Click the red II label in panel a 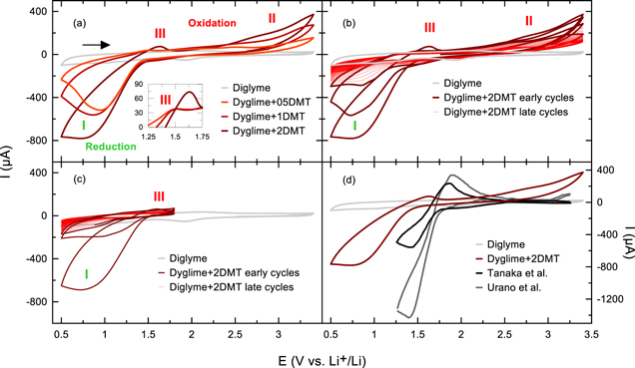[272, 18]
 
